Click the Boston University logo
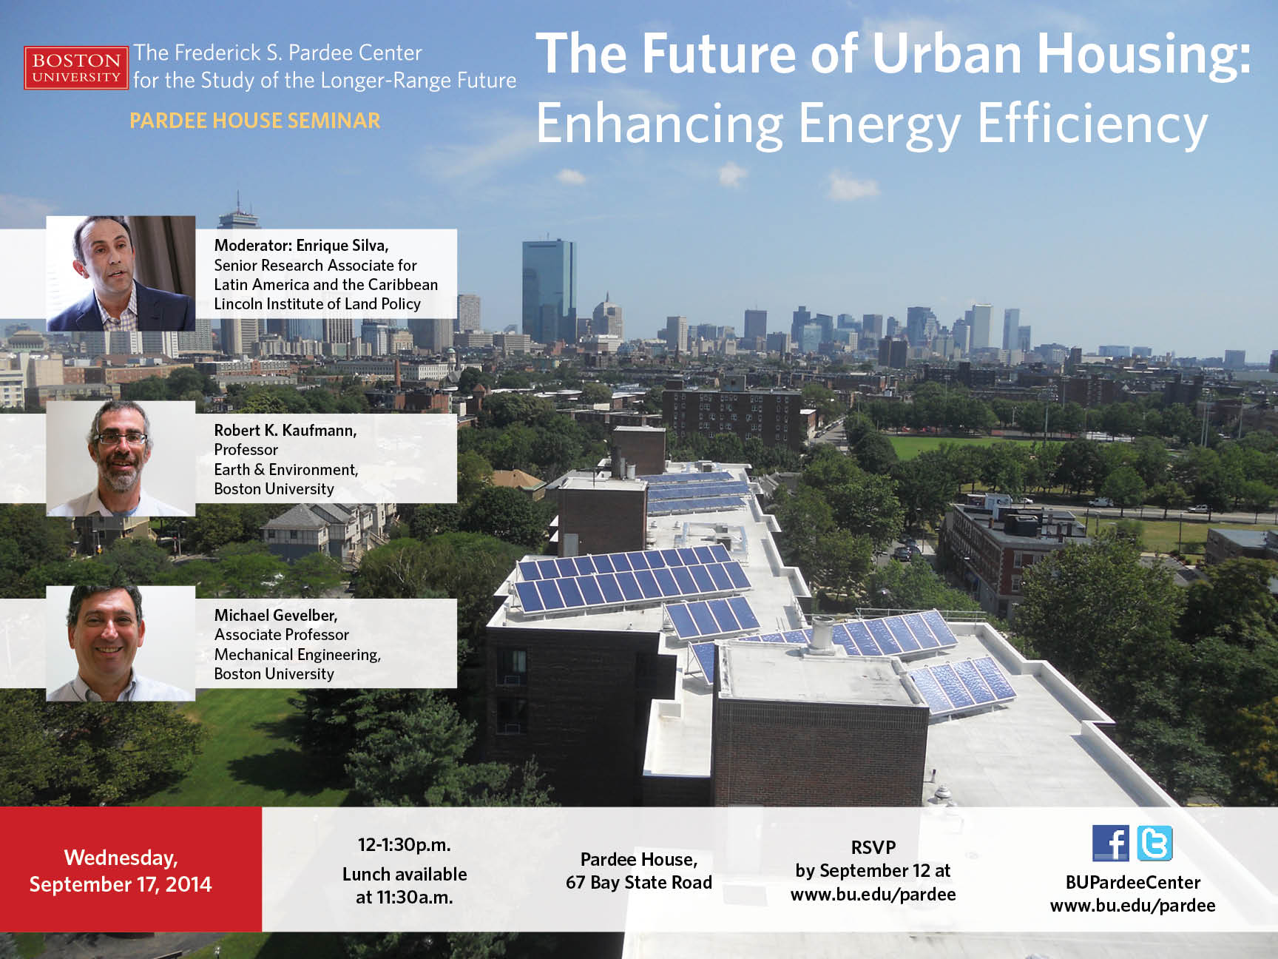pos(75,68)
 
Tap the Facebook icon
pos(1111,843)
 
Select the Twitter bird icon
pos(1154,843)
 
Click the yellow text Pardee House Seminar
pos(255,121)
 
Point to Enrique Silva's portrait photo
pos(121,273)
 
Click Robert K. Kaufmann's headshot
pos(121,459)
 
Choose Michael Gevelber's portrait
pos(121,644)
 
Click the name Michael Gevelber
pos(276,615)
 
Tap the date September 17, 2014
pos(121,884)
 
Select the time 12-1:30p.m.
pos(405,845)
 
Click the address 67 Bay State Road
pos(639,882)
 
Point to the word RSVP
pos(873,847)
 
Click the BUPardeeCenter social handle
pos(1133,882)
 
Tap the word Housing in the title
pos(1144,55)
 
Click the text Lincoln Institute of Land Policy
pos(317,304)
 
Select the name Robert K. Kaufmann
pos(285,430)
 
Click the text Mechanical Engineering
pos(297,654)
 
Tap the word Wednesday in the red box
pos(121,858)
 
